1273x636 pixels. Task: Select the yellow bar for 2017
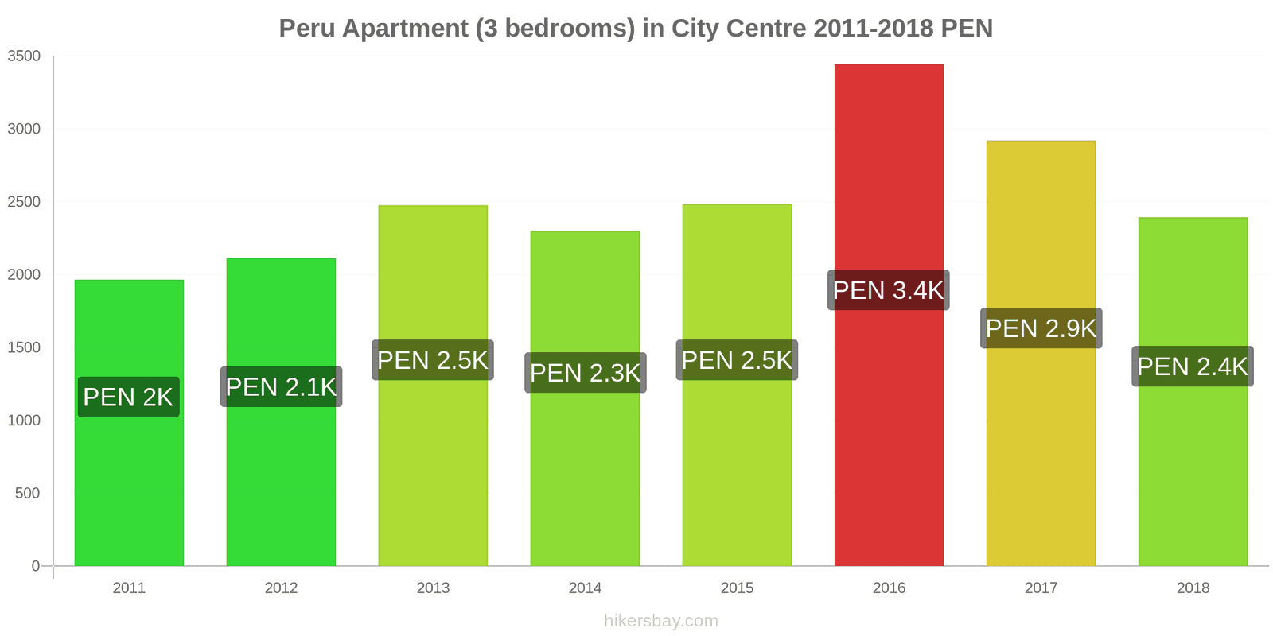[1041, 445]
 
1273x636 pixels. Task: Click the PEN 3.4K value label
[888, 290]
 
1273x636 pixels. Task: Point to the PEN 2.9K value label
[1041, 328]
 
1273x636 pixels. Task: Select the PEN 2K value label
[128, 397]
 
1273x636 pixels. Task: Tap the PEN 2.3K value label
[585, 373]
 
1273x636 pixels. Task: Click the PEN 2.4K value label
[1193, 366]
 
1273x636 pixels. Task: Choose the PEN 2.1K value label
[281, 387]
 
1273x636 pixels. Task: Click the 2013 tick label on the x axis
[433, 588]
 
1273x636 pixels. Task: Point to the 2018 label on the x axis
[1193, 588]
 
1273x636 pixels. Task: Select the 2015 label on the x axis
[737, 588]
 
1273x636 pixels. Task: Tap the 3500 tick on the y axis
[24, 56]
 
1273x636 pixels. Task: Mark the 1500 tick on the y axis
[24, 347]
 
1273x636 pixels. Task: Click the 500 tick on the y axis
[27, 494]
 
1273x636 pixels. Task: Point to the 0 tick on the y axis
[35, 566]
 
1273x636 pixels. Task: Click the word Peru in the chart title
[307, 29]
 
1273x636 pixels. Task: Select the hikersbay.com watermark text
[660, 621]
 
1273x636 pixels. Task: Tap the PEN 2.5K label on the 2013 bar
[433, 360]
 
